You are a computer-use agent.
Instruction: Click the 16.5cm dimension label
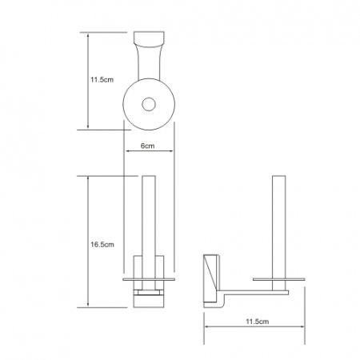click(102, 245)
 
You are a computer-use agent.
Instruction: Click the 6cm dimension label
click(147, 146)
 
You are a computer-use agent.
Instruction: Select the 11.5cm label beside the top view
click(102, 79)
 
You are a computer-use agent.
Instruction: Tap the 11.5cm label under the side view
click(258, 322)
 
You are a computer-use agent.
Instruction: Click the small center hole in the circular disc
click(149, 104)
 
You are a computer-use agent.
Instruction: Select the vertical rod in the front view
click(149, 233)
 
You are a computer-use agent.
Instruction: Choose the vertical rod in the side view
click(278, 233)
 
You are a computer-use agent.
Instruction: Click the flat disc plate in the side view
click(279, 279)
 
